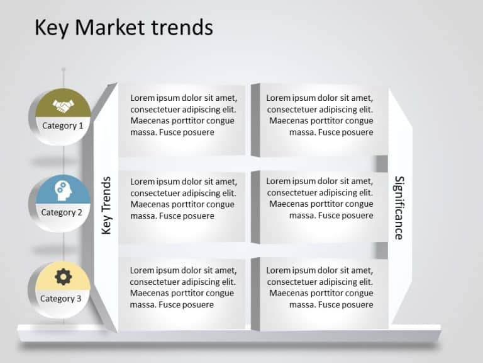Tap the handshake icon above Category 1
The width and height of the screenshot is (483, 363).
coord(63,105)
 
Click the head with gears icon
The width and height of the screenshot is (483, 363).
coord(63,189)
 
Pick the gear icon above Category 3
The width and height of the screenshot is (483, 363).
coord(63,276)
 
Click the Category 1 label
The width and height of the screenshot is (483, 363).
coord(62,125)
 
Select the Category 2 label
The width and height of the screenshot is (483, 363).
coord(62,212)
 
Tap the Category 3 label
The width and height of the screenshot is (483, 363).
coord(61,298)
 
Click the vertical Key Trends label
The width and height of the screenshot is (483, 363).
coord(106,205)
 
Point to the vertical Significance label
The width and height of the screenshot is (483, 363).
coord(399,207)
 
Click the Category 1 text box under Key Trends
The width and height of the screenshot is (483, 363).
coord(182,115)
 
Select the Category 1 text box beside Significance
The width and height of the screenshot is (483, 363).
coord(319,115)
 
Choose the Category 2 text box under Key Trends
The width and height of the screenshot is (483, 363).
coord(182,199)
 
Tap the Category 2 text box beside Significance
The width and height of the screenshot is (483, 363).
coord(319,199)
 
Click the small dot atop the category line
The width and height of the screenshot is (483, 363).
coord(63,68)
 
